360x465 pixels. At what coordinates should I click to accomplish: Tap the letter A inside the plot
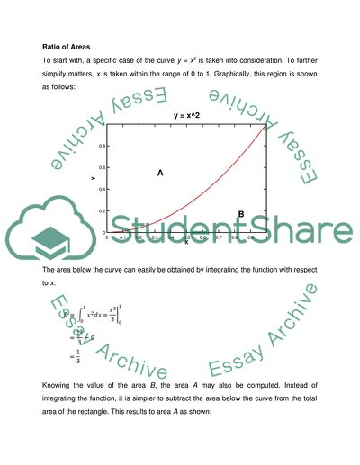(159, 175)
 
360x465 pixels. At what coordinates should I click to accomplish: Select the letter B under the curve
(241, 213)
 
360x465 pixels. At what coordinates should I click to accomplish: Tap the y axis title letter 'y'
(93, 178)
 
